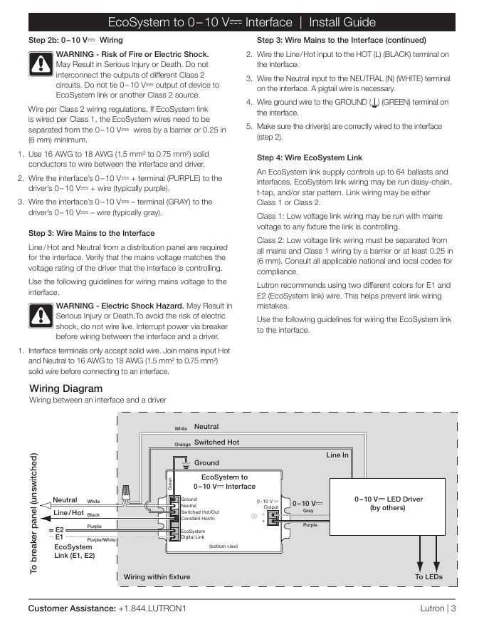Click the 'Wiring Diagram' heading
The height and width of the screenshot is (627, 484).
[x=66, y=388]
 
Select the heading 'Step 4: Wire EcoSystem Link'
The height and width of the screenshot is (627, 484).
[x=310, y=157]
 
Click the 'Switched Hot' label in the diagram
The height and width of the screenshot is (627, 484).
[x=216, y=442]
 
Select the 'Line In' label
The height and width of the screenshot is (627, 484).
[x=337, y=455]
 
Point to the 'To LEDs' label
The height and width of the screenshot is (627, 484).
[x=428, y=576]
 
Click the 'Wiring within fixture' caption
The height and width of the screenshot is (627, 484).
[x=157, y=576]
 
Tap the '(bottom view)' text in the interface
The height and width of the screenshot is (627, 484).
[x=222, y=546]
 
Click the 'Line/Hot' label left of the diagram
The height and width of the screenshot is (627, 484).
[x=69, y=513]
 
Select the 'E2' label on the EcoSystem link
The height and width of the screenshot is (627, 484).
[x=60, y=530]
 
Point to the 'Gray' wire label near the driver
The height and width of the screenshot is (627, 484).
[x=308, y=511]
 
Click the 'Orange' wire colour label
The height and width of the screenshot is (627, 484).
[x=183, y=444]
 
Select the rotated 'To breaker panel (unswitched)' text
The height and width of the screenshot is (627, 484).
[x=33, y=513]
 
